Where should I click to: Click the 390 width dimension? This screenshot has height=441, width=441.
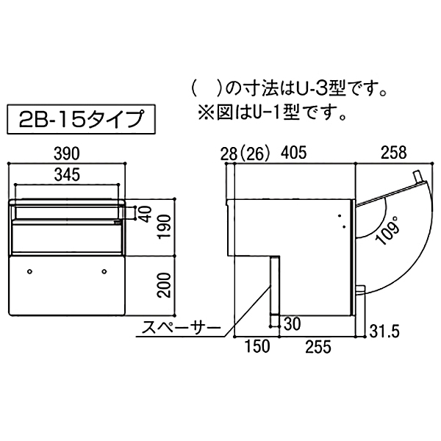(67, 154)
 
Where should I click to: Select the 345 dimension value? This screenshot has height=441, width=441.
(67, 175)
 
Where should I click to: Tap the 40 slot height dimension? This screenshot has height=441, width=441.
(146, 214)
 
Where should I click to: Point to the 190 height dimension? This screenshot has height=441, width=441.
(164, 226)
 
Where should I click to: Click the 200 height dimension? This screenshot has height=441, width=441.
(164, 285)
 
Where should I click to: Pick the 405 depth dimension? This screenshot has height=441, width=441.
(295, 153)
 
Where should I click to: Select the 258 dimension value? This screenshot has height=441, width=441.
(394, 153)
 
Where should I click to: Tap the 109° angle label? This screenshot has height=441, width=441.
(388, 229)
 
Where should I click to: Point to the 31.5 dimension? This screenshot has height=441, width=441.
(384, 331)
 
